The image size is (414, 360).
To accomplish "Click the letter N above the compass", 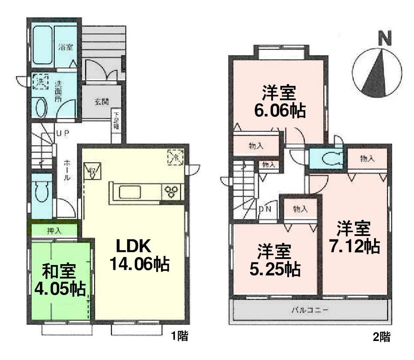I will pos(384,39).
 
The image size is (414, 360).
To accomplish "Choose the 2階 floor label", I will pos(382,336).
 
